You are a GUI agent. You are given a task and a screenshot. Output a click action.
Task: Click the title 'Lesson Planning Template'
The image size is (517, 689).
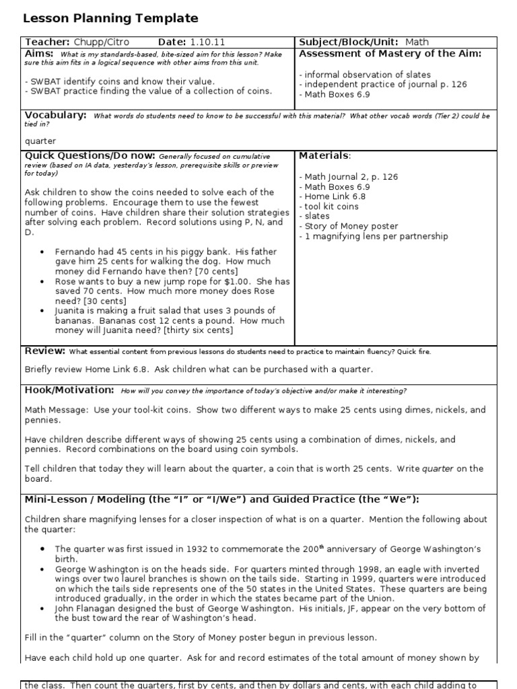110,19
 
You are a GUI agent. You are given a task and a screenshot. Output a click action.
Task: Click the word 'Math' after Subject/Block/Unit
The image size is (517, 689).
417,42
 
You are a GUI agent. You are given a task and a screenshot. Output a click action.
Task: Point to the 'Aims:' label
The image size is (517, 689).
40,53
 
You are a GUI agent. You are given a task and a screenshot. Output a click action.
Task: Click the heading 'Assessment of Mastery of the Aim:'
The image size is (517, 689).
390,53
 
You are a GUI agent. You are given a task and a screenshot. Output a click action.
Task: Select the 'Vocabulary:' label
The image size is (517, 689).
56,115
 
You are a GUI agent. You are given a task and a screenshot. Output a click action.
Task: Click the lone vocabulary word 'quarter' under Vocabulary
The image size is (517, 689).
40,141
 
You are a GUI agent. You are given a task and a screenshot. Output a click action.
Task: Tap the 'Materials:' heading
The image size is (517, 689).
324,155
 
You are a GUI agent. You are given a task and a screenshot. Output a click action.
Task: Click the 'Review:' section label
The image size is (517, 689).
45,351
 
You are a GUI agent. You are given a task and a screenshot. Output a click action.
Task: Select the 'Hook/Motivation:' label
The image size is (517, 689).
69,390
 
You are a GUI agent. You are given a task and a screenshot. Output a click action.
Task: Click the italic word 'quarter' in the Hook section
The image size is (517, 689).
436,468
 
